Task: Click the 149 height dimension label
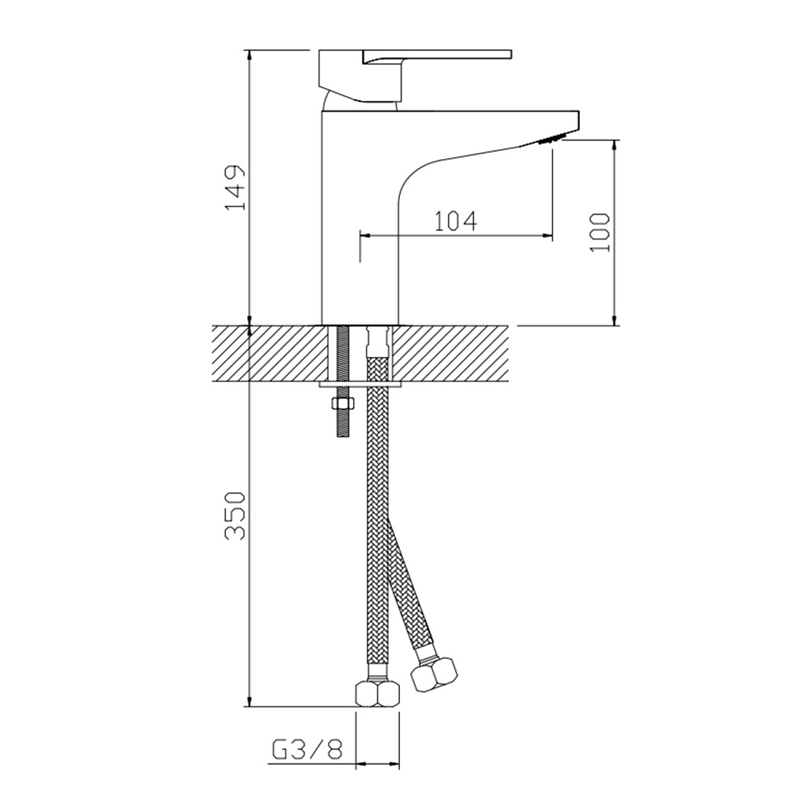coord(236,187)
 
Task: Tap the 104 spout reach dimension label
coord(456,222)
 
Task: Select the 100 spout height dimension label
coord(600,232)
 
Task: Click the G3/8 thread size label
coord(306,751)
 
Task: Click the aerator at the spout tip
coord(552,139)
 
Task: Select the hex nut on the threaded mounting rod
coord(342,404)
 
